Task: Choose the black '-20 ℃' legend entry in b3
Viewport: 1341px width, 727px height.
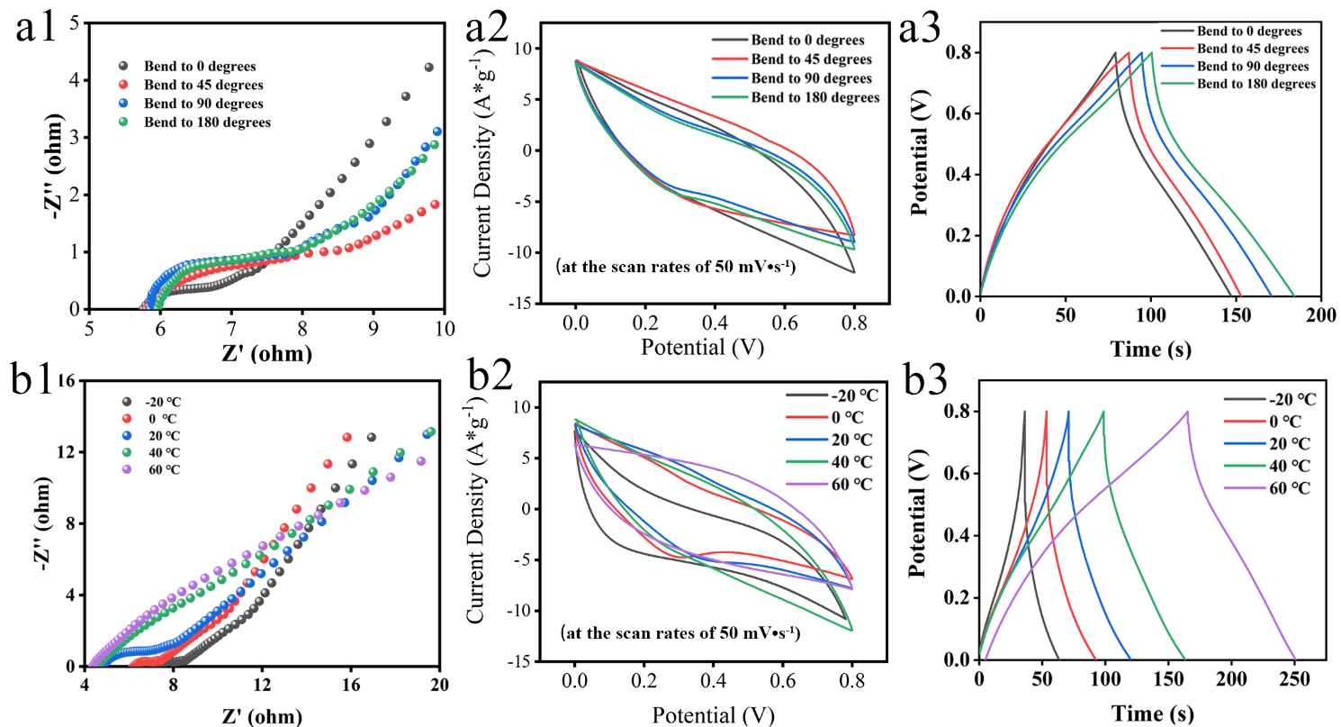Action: click(x=1268, y=399)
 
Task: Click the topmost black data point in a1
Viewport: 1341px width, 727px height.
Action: click(x=428, y=68)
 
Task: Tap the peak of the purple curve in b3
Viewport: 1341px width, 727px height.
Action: click(x=1187, y=412)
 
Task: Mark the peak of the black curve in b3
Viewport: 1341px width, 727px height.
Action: click(x=1024, y=412)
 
